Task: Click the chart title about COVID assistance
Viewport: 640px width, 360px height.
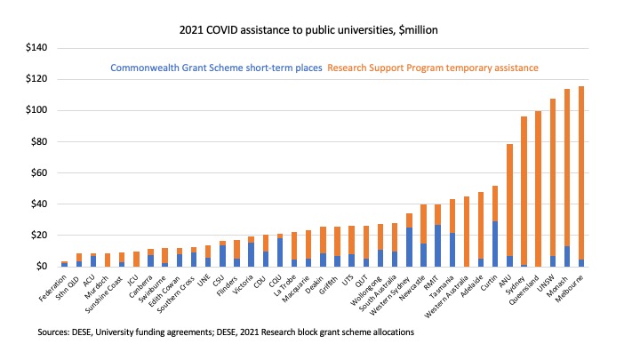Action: tap(320, 29)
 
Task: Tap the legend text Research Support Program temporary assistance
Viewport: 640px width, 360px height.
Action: tap(433, 68)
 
